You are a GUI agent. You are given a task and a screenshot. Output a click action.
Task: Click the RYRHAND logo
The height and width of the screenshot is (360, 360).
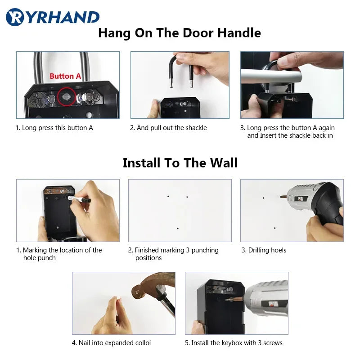tap(53, 17)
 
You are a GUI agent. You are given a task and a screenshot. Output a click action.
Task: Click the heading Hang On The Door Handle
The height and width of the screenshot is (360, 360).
tap(180, 33)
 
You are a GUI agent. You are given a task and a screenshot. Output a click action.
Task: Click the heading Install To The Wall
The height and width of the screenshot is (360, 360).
tap(180, 162)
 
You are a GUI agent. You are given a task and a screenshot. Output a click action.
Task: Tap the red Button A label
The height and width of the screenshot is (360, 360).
tap(65, 76)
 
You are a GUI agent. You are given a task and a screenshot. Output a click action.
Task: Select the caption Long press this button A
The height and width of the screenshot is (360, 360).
tap(54, 128)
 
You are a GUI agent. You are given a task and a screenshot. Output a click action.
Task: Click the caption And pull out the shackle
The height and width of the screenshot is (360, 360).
tap(168, 128)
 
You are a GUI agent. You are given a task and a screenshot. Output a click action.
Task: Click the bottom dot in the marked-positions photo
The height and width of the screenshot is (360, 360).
tap(178, 229)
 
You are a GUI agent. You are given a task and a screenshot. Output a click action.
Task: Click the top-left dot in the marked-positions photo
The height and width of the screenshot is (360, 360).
tap(168, 196)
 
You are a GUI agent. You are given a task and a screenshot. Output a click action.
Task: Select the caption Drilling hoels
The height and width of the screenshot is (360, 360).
tap(264, 250)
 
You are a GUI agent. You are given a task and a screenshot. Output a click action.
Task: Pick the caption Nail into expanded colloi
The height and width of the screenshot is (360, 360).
tap(111, 343)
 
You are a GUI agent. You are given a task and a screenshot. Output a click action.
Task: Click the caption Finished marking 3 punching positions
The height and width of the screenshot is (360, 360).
tap(173, 254)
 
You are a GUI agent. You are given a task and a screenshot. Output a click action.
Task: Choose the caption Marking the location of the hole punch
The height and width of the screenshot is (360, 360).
tap(59, 254)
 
